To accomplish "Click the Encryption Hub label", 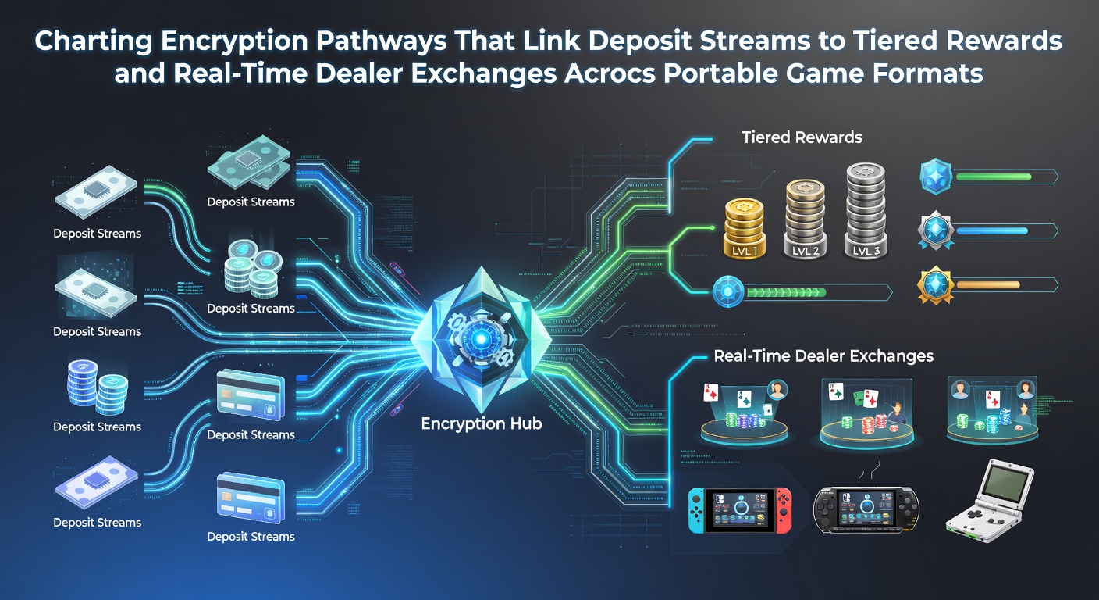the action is [x=482, y=423].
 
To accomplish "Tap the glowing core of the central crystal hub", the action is [x=482, y=339].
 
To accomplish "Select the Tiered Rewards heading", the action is [x=802, y=137].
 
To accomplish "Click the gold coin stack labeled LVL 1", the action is [x=745, y=229].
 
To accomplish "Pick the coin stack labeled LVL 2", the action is [x=805, y=219].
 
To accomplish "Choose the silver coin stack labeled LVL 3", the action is [x=866, y=211].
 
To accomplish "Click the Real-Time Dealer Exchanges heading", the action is [x=823, y=356].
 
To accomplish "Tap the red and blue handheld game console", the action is [x=740, y=511].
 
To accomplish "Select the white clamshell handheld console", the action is [x=990, y=501].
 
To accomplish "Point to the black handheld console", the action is [x=866, y=511].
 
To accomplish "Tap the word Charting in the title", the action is [x=93, y=42].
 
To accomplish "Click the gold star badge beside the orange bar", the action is [x=936, y=285].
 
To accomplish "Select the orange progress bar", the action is [x=988, y=285].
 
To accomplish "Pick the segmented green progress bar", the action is [x=785, y=293].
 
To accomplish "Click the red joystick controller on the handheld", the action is [x=784, y=511].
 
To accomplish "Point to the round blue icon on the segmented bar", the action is [x=728, y=291].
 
